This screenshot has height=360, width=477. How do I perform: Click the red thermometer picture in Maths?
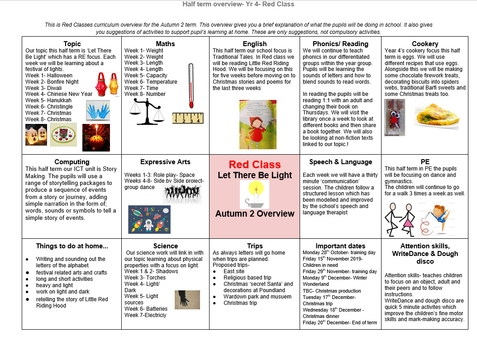190,86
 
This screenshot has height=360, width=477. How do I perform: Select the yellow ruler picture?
188,118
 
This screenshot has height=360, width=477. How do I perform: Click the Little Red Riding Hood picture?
258,124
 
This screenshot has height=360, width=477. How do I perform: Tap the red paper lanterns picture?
105,82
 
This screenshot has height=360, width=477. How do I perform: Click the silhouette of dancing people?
182,194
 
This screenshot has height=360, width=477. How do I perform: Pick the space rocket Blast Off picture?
149,219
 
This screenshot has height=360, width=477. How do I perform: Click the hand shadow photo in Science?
187,299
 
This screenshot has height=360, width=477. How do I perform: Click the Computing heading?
72,162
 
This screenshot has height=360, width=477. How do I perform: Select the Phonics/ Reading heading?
340,44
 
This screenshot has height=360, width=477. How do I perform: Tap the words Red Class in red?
254,165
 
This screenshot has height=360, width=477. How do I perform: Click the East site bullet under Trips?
234,271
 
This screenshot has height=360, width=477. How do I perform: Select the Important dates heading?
340,246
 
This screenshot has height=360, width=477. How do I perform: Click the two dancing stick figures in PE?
400,219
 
